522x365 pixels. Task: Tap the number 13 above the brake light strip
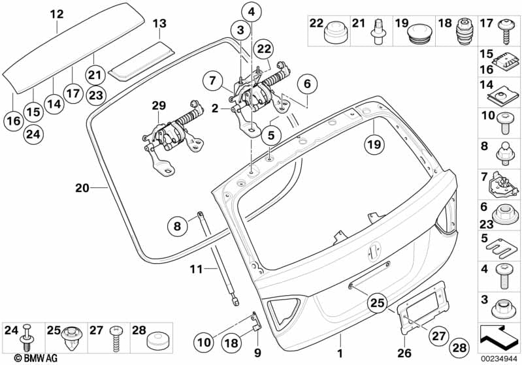pyautogui.click(x=159, y=24)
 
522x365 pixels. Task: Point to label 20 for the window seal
pyautogui.click(x=82, y=188)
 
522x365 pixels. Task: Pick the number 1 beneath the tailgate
pyautogui.click(x=340, y=338)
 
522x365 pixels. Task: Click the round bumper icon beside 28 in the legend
pyautogui.click(x=157, y=338)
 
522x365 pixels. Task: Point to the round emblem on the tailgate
pyautogui.click(x=376, y=250)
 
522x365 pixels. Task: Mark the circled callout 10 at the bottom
pyautogui.click(x=203, y=340)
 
